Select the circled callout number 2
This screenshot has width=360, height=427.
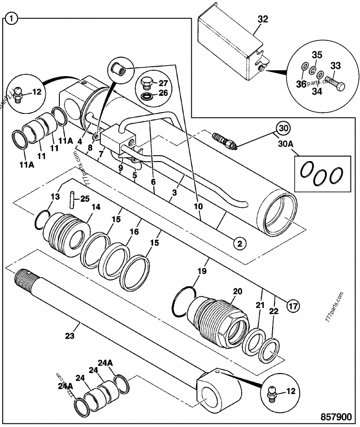click(x=239, y=243)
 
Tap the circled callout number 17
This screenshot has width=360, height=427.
click(x=292, y=307)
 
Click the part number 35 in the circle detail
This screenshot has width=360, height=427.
click(x=317, y=55)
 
